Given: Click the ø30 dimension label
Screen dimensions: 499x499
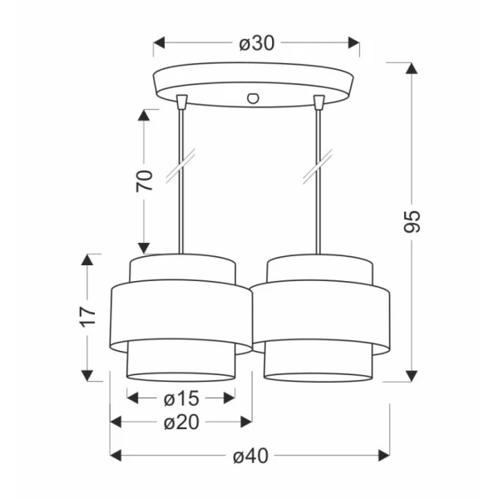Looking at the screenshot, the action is (x=256, y=43).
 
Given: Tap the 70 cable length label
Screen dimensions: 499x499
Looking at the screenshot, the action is (x=144, y=181).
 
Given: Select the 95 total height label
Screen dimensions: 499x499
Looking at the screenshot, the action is (x=412, y=221).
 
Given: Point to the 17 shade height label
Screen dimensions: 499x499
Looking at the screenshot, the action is (x=86, y=317).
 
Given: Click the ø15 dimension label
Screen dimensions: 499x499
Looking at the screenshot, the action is (x=181, y=398).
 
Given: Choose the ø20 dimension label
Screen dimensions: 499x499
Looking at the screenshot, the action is (x=181, y=422).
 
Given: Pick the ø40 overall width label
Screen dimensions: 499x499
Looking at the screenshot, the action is (x=250, y=456).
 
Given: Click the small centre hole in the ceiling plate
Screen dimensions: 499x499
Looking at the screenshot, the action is (x=253, y=98).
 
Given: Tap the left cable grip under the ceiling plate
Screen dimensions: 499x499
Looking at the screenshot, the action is (x=181, y=101).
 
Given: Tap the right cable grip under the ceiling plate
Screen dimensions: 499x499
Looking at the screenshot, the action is (x=319, y=102).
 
